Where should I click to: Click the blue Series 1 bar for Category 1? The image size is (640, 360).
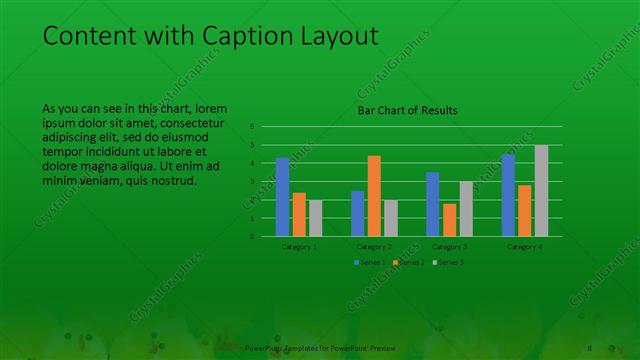(282, 197)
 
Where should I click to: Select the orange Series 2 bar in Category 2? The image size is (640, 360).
(374, 196)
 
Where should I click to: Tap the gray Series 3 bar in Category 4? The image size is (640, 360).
(541, 191)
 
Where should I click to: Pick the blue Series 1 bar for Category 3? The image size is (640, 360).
(432, 204)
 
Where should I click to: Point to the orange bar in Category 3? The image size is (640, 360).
(449, 220)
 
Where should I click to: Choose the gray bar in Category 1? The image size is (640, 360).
(315, 218)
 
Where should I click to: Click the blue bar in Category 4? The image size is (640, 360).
(508, 195)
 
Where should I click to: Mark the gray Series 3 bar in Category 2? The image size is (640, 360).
(391, 218)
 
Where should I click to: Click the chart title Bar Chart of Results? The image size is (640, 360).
(408, 111)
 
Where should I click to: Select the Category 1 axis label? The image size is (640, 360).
(299, 246)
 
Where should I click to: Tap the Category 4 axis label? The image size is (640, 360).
(525, 246)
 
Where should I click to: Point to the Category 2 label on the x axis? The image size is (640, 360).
(374, 246)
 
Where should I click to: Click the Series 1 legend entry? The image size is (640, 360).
(371, 262)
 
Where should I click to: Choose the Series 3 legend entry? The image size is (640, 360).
(447, 262)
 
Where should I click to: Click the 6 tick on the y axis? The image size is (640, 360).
(252, 127)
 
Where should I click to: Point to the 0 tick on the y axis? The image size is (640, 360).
(252, 237)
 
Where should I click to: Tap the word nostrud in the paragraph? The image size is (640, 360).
(178, 181)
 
